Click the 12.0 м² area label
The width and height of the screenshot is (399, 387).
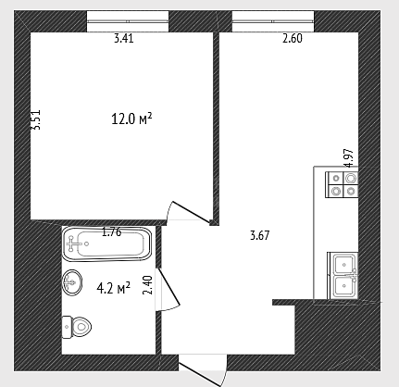[x=131, y=119]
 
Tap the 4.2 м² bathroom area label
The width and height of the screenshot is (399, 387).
[x=113, y=288]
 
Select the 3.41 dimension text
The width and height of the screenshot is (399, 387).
[x=124, y=39]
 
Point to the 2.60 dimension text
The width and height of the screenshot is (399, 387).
[x=293, y=39]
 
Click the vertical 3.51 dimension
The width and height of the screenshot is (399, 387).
[x=36, y=119]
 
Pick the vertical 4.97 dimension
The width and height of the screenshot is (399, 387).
[x=349, y=158]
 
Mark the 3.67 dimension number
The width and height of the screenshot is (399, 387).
[x=260, y=235]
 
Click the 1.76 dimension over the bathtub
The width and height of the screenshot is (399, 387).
[x=112, y=232]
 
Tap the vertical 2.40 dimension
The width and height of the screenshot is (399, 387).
[x=148, y=285]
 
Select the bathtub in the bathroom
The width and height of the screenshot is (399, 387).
[x=107, y=243]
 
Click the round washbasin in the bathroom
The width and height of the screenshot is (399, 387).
[x=72, y=282]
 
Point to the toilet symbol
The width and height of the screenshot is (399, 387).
[x=77, y=327]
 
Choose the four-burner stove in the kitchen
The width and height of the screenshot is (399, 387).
[x=343, y=184]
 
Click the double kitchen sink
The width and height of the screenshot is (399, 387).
[x=343, y=276]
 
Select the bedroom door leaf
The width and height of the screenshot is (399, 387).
[x=191, y=212]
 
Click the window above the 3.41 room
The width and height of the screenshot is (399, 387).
[x=128, y=21]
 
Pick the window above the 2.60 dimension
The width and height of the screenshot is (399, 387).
[x=273, y=21]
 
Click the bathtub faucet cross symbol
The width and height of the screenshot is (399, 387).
[x=72, y=243]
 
